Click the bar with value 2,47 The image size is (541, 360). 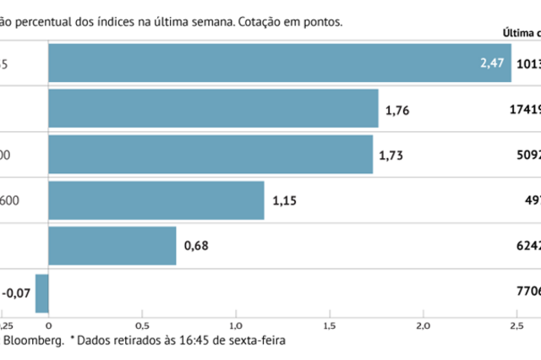pyautogui.click(x=279, y=63)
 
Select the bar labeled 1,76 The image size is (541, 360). pyautogui.click(x=213, y=108)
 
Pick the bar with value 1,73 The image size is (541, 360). pyautogui.click(x=210, y=155)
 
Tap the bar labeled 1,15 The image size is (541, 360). pyautogui.click(x=156, y=200)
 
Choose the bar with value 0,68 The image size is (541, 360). pyautogui.click(x=112, y=246)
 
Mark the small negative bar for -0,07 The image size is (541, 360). pyautogui.click(x=41, y=292)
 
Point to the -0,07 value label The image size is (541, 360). pyautogui.click(x=16, y=292)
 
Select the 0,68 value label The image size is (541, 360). pyautogui.click(x=196, y=247)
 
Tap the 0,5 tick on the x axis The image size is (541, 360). pyautogui.click(x=142, y=325)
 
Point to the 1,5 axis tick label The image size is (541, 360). pyautogui.click(x=329, y=325)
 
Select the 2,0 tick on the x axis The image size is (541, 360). pyautogui.click(x=422, y=325)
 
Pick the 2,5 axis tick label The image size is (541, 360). pyautogui.click(x=515, y=325)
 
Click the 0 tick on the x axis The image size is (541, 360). pyautogui.click(x=49, y=325)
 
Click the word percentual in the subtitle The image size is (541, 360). pyautogui.click(x=51, y=22)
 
